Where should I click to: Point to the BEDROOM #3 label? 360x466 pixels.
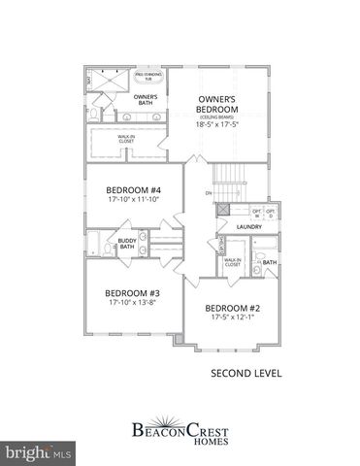click(x=132, y=293)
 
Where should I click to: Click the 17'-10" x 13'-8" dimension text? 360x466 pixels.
click(x=132, y=303)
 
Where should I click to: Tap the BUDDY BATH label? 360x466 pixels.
click(x=127, y=244)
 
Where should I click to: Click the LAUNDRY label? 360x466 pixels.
click(x=249, y=227)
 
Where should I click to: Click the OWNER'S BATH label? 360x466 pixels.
click(x=146, y=99)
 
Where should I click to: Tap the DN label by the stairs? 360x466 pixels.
click(x=208, y=193)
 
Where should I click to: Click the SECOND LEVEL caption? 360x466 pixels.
click(x=240, y=372)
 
